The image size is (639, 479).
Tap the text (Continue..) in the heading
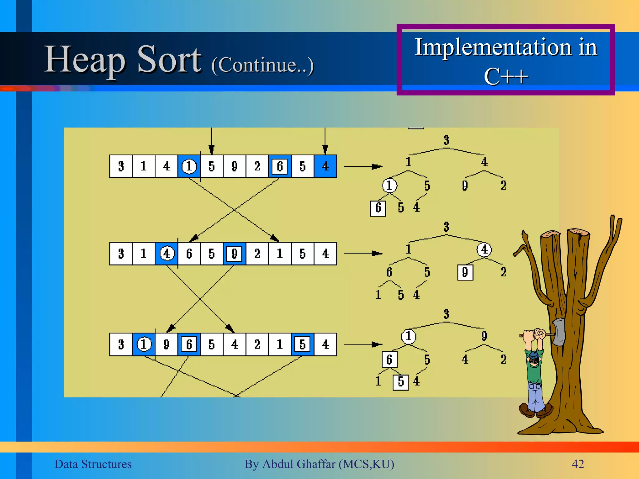262,65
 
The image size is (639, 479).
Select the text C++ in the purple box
505,76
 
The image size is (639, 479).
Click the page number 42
578,464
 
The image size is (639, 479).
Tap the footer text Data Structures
93,464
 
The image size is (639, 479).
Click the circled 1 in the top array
189,166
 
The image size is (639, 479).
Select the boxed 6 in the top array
280,166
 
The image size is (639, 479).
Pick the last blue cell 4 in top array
325,166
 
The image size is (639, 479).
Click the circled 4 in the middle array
167,254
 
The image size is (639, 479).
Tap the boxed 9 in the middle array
235,254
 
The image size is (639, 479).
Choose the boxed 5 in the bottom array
302,344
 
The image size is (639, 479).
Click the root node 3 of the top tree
446,140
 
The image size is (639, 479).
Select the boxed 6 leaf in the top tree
378,208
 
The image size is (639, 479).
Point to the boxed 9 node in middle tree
465,272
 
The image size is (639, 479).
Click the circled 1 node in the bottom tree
408,336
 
